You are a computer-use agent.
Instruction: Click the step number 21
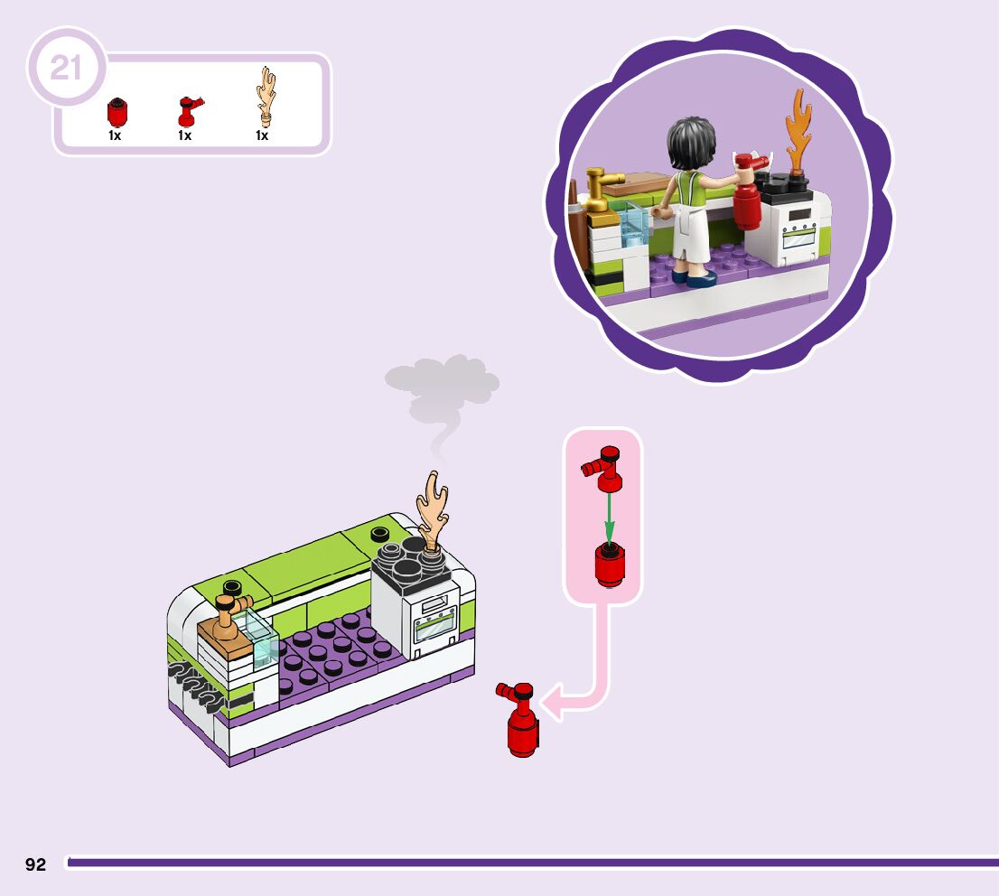[x=66, y=68]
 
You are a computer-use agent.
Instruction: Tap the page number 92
[x=35, y=864]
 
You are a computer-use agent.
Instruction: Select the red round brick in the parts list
[x=116, y=112]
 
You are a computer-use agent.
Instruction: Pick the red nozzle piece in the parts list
[x=188, y=111]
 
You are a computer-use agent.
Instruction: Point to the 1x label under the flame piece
[x=262, y=135]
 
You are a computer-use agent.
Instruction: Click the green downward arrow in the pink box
[x=608, y=516]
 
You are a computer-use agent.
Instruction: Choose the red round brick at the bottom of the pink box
[x=610, y=566]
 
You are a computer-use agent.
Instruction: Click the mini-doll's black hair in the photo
[x=690, y=145]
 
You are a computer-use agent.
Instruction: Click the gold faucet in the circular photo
[x=598, y=190]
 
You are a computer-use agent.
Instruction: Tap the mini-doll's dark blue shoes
[x=695, y=278]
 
